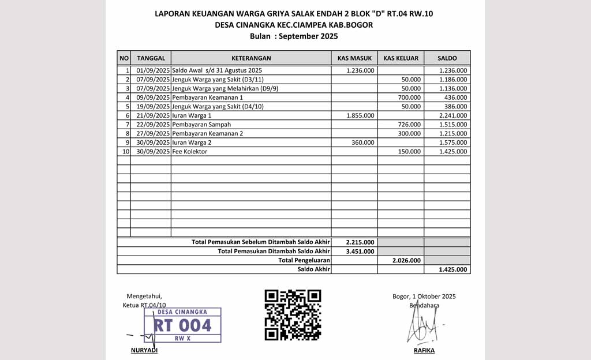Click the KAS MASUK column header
pos(354,58)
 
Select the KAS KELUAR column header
pos(401,58)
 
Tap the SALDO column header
pos(447,58)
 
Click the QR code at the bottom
pos(293,314)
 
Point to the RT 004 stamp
pos(182,325)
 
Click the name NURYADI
pos(144,350)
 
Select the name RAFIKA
pos(424,350)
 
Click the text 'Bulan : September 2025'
pos(294,36)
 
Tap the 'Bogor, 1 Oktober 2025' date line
pos(424,297)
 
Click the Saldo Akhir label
pos(313,269)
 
